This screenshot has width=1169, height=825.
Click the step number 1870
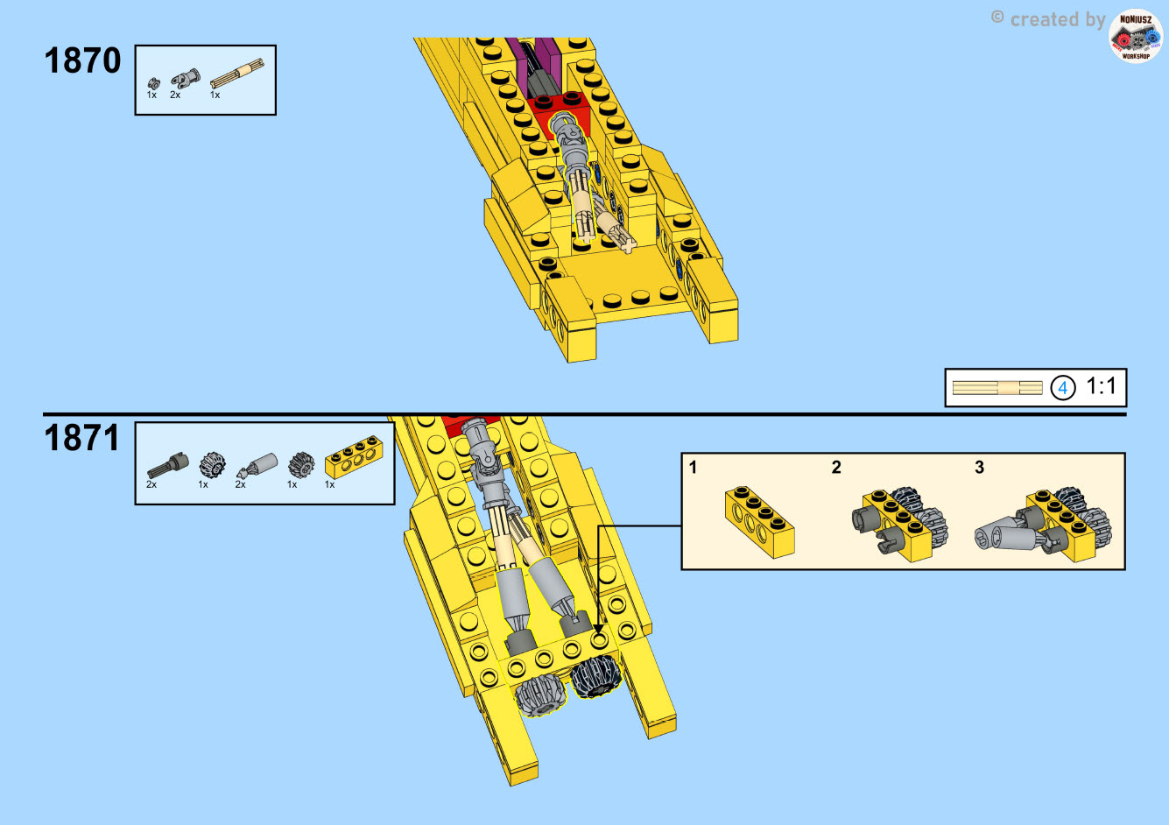click(x=82, y=60)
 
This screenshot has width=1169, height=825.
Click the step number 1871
click(x=82, y=437)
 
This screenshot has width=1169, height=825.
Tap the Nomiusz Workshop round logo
click(x=1136, y=36)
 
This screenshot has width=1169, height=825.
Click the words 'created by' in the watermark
click(x=1057, y=20)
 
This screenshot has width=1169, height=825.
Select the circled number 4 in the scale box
click(x=1062, y=388)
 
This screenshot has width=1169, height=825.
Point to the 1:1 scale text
click(x=1102, y=386)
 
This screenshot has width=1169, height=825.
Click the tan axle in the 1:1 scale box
click(x=997, y=388)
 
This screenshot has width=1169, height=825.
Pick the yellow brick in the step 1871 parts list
click(x=354, y=457)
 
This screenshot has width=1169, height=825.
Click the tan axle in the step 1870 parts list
click(x=237, y=74)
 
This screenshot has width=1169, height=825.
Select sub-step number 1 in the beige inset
click(x=693, y=467)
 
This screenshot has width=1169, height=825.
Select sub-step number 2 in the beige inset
click(x=836, y=467)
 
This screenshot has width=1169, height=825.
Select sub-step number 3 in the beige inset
click(x=979, y=467)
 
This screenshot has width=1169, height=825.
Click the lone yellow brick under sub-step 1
click(x=760, y=522)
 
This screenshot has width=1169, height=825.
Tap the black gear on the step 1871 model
click(x=595, y=677)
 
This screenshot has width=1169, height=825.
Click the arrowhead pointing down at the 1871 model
click(x=599, y=628)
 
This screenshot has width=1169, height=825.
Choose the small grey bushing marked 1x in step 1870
click(x=153, y=83)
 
